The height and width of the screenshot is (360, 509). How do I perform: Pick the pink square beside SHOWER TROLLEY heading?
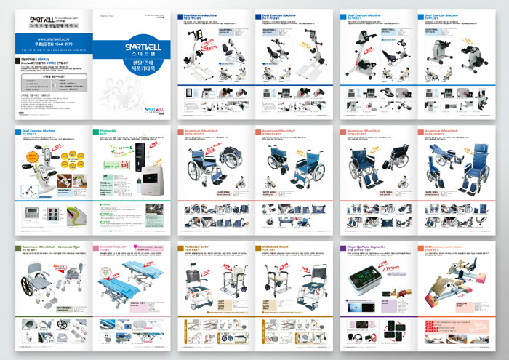[x=93, y=249]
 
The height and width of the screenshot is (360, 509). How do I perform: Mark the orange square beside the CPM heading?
[x=422, y=249]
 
